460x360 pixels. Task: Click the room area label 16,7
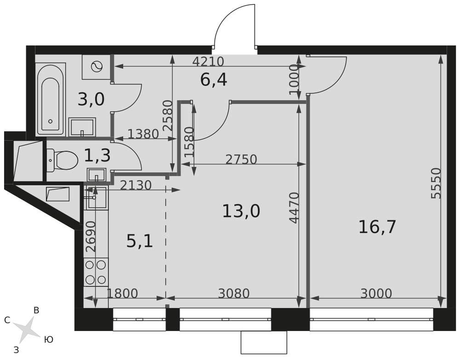pos(377,227)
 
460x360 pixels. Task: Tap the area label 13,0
pos(241,211)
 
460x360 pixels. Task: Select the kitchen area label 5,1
pos(139,242)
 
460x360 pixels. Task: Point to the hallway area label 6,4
pos(213,80)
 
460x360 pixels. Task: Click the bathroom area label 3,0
pos(91,99)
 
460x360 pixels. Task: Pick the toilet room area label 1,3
pos(97,155)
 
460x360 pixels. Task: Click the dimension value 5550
pos(436,183)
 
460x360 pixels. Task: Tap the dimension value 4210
pos(208,62)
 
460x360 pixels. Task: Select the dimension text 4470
pos(293,207)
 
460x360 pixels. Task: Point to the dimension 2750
pos(241,160)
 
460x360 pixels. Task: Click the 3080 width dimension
pos(234,293)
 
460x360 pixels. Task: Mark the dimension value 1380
pos(143,134)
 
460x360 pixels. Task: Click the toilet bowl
pos(62,160)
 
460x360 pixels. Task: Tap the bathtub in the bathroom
pos(51,99)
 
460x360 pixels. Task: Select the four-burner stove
pos(96,272)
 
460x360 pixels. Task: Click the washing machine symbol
pos(97,67)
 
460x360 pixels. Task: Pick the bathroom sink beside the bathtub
pos(82,126)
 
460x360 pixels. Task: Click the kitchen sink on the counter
pos(97,197)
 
